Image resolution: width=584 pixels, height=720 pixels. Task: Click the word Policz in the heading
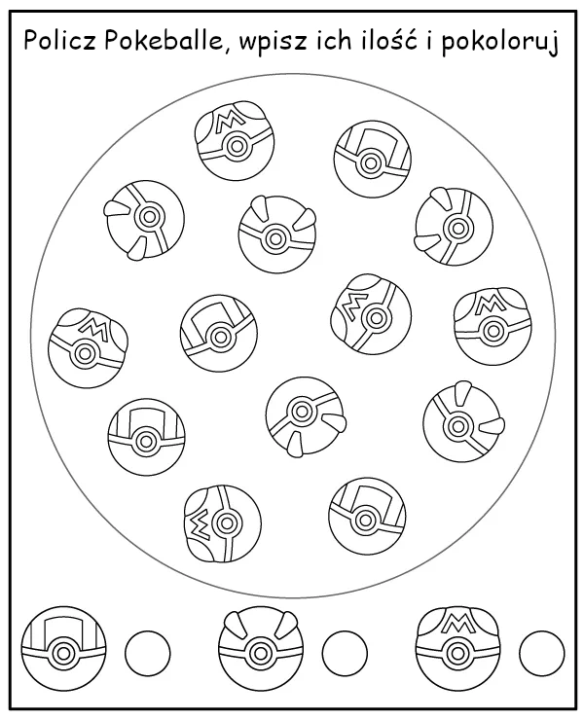[59, 40]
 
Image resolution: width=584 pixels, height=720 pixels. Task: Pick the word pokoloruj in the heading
[500, 42]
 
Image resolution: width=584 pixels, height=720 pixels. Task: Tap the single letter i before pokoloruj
[429, 40]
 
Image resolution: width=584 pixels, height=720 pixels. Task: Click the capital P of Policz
[31, 40]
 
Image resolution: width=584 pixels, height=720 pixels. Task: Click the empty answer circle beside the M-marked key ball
[542, 653]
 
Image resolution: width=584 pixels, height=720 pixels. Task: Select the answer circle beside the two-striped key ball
[345, 653]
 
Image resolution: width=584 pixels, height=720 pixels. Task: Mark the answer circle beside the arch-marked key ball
[148, 653]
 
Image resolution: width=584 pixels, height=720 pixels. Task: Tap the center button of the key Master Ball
[456, 653]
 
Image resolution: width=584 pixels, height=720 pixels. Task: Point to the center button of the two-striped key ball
[259, 653]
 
